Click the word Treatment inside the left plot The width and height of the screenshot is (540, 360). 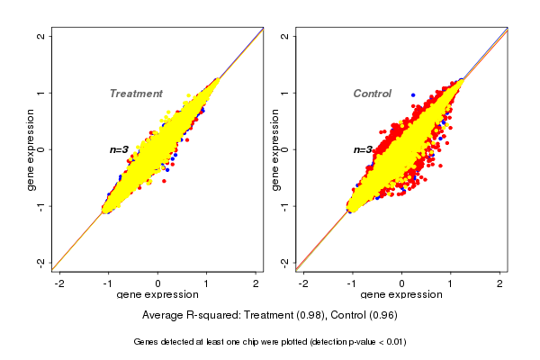[136, 94]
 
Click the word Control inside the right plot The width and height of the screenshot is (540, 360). [372, 94]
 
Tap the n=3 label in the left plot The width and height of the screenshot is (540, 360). [120, 149]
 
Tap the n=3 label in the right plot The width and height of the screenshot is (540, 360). [363, 149]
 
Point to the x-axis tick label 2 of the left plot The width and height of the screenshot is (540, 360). [256, 283]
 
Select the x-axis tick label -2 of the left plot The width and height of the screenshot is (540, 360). [59, 283]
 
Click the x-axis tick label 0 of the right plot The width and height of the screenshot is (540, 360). [402, 283]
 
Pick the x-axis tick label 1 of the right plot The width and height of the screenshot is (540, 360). [451, 283]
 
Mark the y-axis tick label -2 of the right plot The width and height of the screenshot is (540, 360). [285, 262]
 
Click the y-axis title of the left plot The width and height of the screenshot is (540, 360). [31, 149]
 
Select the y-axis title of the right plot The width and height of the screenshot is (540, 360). [274, 149]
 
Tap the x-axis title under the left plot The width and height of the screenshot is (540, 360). [157, 295]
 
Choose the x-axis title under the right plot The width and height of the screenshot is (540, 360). [401, 295]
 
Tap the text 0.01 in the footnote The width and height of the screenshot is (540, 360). [394, 342]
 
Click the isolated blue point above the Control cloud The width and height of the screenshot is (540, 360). [413, 94]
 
